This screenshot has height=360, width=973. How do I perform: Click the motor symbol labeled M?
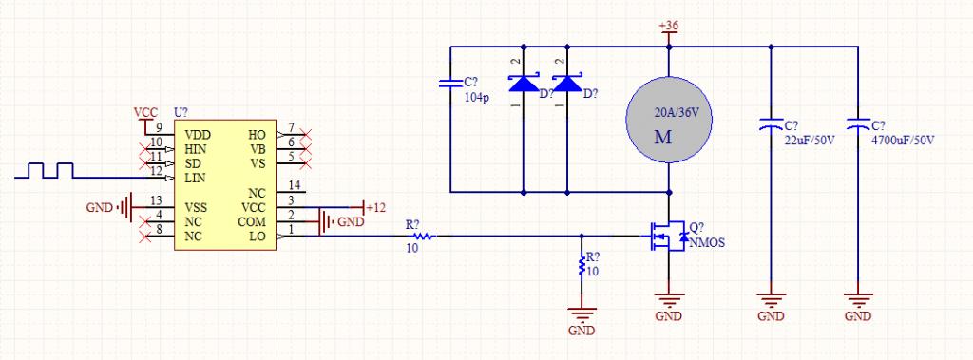click(x=668, y=121)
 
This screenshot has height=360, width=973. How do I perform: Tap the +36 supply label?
click(x=668, y=26)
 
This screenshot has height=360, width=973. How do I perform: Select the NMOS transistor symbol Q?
click(x=668, y=237)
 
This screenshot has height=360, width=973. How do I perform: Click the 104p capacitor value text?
click(x=477, y=98)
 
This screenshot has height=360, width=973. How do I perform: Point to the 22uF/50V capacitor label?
click(x=810, y=139)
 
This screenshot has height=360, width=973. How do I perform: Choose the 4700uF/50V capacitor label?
click(x=903, y=140)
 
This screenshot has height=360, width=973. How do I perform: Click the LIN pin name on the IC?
click(x=196, y=178)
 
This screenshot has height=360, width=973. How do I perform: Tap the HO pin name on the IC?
click(x=257, y=135)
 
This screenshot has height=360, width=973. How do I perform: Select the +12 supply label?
click(x=375, y=208)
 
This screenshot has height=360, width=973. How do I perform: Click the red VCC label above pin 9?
click(x=145, y=112)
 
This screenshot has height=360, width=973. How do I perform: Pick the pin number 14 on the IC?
click(x=295, y=185)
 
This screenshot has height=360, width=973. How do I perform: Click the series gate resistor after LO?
click(x=425, y=236)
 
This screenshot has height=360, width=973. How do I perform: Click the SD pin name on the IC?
click(x=192, y=163)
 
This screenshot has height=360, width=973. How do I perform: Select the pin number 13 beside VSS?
click(x=157, y=200)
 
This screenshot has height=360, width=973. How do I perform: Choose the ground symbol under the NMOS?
click(x=668, y=301)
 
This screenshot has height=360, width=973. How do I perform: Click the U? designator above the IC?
click(x=181, y=112)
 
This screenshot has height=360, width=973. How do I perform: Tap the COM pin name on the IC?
click(x=252, y=221)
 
